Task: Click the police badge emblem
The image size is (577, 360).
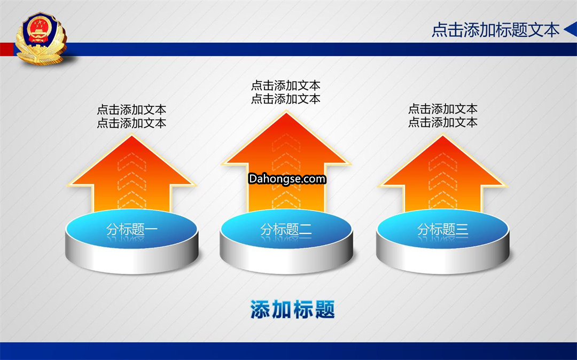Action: [x=41, y=38]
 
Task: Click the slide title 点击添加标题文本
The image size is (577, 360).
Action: [x=495, y=30]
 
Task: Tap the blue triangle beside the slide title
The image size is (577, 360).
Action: [x=571, y=30]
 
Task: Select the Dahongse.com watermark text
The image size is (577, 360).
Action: [x=287, y=179]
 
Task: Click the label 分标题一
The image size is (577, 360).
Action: [x=132, y=230]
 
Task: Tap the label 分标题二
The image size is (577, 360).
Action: [x=286, y=230]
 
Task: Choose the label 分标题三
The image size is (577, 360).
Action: [x=443, y=230]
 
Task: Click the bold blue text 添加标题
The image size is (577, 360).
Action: [x=293, y=309]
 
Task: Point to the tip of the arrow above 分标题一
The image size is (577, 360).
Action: [x=132, y=135]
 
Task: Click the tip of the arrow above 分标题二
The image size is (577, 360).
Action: [x=286, y=112]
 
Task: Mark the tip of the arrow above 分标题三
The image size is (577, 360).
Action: [x=443, y=135]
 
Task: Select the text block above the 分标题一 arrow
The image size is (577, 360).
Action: [x=132, y=116]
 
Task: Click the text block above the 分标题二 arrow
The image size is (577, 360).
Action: [x=286, y=92]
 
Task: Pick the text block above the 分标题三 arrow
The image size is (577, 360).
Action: [x=443, y=115]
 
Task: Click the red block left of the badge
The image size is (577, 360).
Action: [x=7, y=49]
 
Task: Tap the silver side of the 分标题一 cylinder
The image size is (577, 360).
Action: [x=132, y=260]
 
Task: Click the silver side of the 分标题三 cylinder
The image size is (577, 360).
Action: [x=443, y=260]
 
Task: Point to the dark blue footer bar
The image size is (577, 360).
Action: [x=288, y=351]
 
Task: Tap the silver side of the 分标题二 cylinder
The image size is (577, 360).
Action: [x=286, y=260]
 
